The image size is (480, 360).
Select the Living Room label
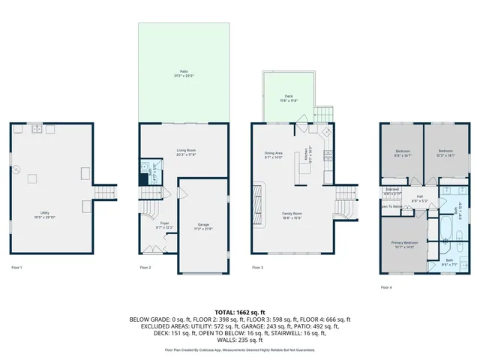[x=186, y=153]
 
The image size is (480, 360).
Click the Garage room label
[x=202, y=226]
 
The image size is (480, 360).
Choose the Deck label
[x=289, y=97]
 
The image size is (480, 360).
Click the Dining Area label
[x=273, y=155]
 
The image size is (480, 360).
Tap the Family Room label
[x=292, y=215]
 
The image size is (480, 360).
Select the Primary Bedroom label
[x=404, y=244]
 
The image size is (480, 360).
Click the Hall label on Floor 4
[x=421, y=199]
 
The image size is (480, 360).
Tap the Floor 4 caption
[x=386, y=287]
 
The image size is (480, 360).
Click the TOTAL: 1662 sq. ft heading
[x=239, y=311]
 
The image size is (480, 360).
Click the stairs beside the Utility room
[x=106, y=193]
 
